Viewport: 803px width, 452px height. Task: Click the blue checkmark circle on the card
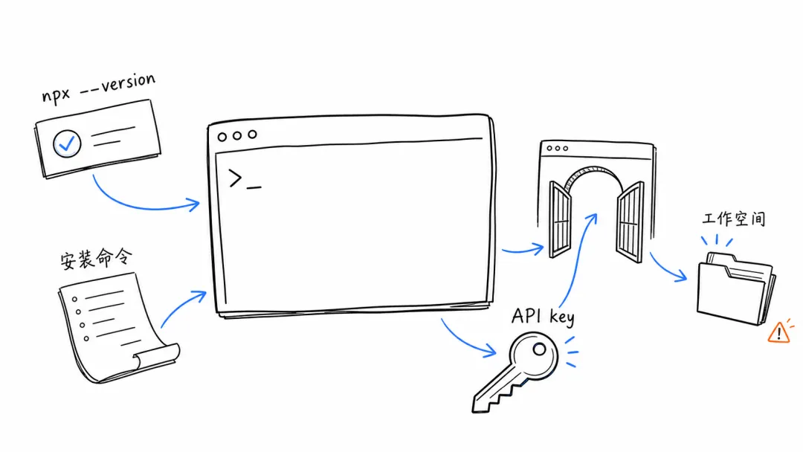click(67, 143)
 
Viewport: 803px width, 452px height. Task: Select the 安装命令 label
click(96, 259)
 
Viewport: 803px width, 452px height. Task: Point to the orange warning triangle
click(779, 333)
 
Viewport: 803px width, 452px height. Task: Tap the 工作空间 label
click(734, 219)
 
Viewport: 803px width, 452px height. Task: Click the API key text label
click(544, 317)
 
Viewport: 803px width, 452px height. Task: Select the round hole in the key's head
click(539, 349)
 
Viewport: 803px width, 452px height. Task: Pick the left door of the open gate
click(560, 219)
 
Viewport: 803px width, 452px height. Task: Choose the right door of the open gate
click(631, 222)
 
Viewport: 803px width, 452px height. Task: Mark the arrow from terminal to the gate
click(523, 251)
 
